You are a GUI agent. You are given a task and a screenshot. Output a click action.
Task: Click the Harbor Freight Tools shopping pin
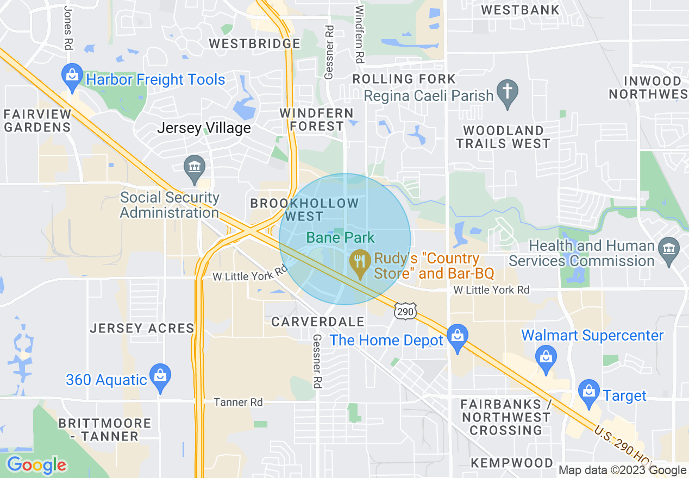coord(72,76)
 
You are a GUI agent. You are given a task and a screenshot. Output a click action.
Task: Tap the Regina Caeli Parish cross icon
coord(508,93)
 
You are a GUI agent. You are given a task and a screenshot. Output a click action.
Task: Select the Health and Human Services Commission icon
coord(668,250)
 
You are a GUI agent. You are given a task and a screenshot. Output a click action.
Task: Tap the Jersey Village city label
coord(204,128)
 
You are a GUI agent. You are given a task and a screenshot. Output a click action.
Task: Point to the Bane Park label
coord(341,237)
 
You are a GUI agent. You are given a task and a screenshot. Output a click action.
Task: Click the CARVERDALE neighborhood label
coord(318,322)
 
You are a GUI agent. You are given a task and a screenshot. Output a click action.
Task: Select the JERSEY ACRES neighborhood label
coord(142,328)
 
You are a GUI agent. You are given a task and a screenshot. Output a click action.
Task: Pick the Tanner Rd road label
coord(238,402)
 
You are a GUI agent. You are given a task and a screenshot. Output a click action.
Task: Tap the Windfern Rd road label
coord(359,34)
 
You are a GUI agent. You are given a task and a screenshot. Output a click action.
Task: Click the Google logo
coord(36,465)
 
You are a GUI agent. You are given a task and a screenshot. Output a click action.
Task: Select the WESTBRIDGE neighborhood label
coord(254,43)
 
